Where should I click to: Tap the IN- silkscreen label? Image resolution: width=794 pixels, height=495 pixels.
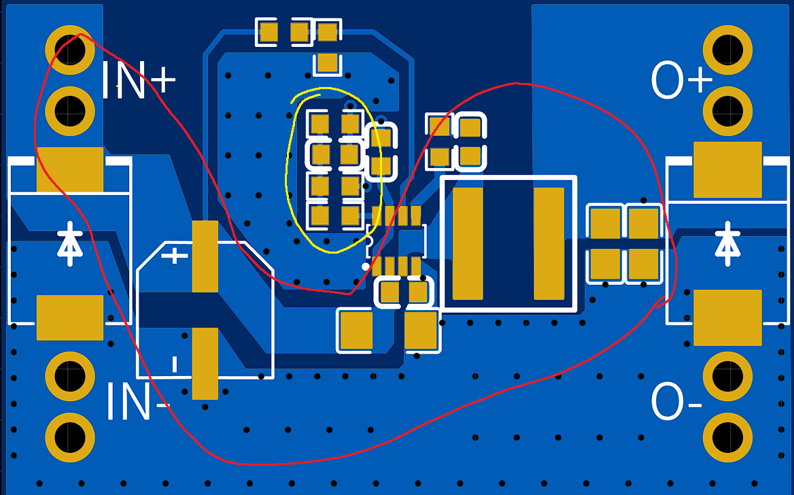pos(137,401)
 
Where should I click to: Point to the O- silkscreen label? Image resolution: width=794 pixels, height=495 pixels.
pos(676,401)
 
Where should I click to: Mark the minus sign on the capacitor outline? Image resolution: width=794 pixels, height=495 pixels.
pos(175,364)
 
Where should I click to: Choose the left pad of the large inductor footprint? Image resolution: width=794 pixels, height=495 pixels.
pos(468,243)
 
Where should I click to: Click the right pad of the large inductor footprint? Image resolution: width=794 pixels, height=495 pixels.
pos(549,243)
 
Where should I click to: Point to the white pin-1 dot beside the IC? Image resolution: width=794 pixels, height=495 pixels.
pos(366,267)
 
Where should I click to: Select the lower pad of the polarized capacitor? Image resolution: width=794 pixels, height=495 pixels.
pos(205,363)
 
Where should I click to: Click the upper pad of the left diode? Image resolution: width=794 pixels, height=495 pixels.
pos(70,169)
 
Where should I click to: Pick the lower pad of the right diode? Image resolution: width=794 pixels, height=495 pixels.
pos(727,317)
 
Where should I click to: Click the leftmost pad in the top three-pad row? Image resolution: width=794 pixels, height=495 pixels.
pos(269,32)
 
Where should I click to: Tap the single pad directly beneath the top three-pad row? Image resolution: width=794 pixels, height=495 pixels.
pos(328,63)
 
